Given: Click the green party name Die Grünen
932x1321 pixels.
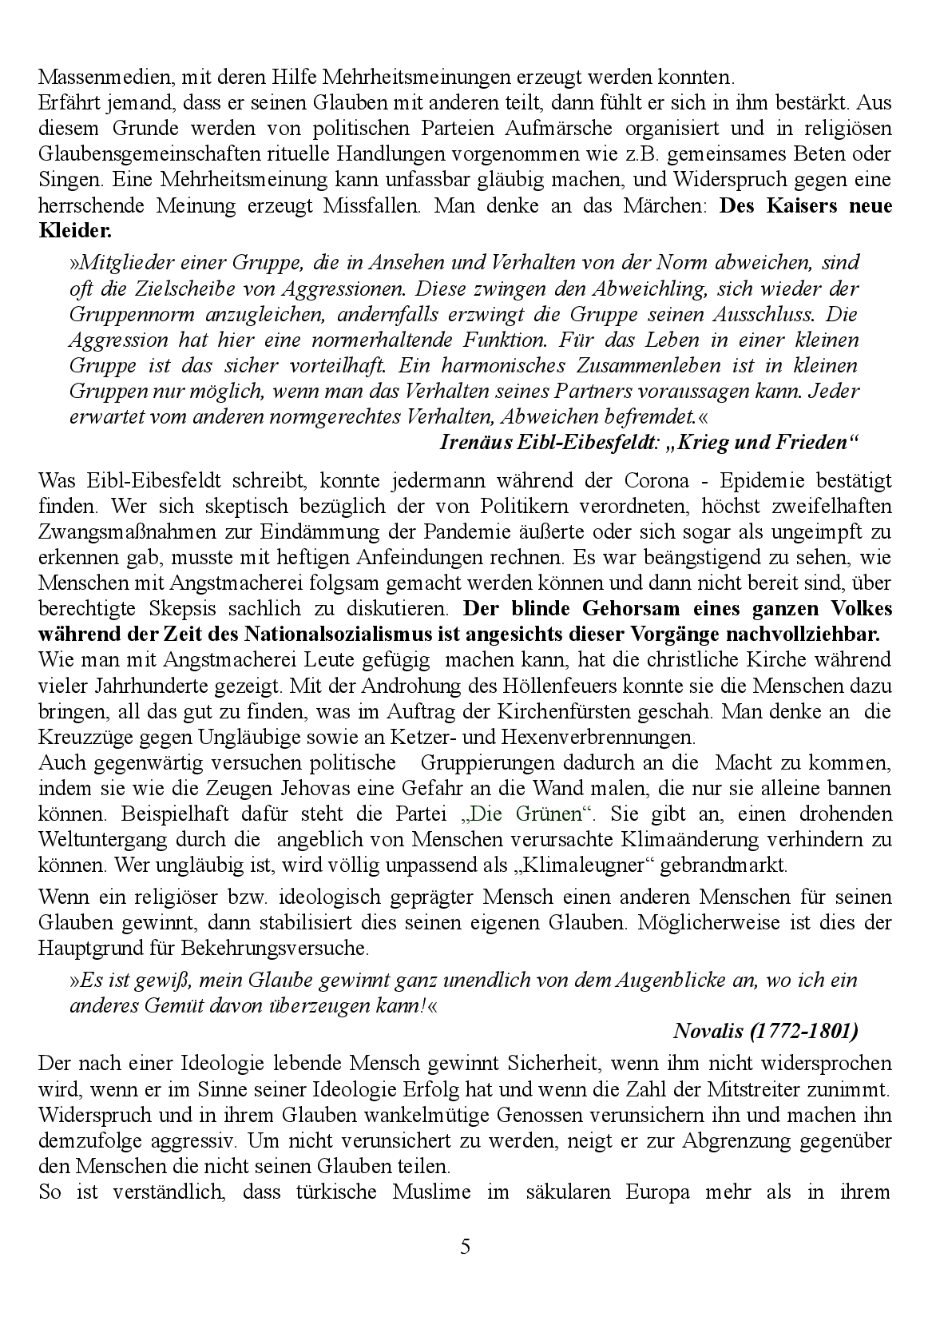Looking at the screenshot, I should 530,814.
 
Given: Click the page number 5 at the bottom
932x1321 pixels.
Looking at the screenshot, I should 466,1247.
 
